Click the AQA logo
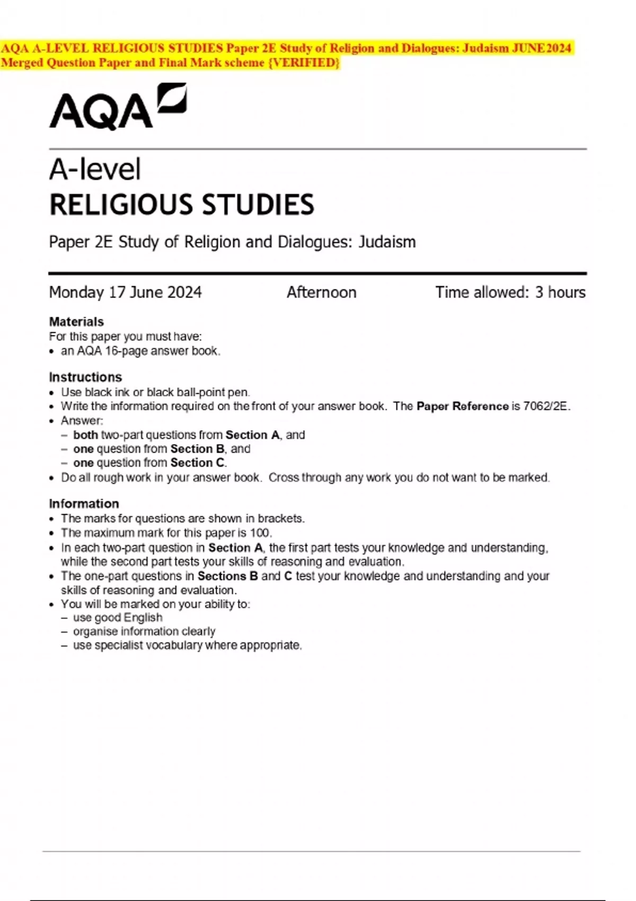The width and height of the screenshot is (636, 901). point(118,107)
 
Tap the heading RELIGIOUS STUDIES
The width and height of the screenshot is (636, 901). point(182,205)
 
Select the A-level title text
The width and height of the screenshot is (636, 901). point(95,170)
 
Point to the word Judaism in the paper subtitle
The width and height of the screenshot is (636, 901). point(387,242)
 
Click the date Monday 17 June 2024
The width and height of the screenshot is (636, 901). point(126,293)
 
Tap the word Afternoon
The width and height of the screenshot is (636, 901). point(322,293)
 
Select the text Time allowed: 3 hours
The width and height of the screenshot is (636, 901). point(510,293)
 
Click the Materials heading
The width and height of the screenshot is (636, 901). point(76,322)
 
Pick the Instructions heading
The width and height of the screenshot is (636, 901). point(85,377)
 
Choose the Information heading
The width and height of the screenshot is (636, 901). point(84,503)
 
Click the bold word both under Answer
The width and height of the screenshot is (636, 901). point(85,435)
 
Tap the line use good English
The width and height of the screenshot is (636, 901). point(118,617)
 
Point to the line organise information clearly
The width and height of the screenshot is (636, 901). point(144,631)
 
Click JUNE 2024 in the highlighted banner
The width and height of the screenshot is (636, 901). point(541,49)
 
